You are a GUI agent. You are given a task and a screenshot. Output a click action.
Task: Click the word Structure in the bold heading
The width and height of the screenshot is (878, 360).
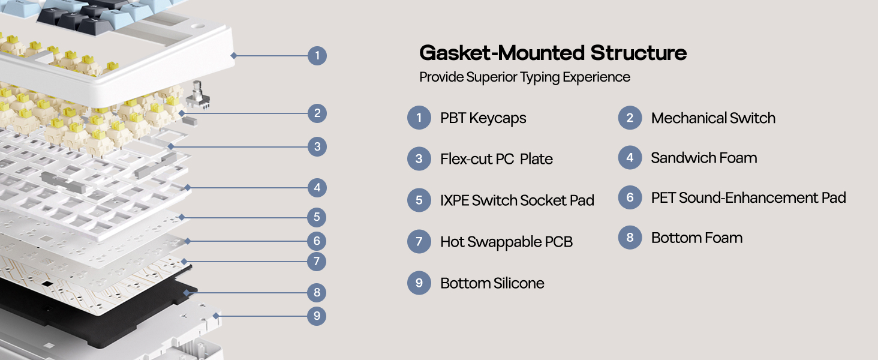point(639,53)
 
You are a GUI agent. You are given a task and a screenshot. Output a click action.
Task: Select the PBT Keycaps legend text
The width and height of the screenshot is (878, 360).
point(483,118)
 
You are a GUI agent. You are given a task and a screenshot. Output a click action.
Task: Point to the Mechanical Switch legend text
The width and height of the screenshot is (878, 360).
point(713,118)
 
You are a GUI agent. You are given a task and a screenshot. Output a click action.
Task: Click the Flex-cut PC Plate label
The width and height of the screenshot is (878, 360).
point(496,159)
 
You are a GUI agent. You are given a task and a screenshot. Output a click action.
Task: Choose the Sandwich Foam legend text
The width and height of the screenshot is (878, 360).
point(703,158)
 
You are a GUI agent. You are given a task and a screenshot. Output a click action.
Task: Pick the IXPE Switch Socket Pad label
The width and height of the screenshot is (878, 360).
point(517,200)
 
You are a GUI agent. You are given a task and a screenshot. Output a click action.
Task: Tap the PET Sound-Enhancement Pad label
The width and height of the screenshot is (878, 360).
point(748,198)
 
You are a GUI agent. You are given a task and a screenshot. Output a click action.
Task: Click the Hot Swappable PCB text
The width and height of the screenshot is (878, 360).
point(506,242)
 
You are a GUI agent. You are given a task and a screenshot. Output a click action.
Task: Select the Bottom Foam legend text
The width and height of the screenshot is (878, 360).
point(696,238)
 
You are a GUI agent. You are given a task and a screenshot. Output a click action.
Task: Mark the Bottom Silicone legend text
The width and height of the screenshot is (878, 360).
point(492,283)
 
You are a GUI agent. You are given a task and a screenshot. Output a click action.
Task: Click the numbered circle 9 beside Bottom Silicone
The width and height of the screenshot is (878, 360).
point(419,283)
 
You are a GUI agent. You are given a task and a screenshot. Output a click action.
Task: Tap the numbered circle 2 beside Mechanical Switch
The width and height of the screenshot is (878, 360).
point(630,118)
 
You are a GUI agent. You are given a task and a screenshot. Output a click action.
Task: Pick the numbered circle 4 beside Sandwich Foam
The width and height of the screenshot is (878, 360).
point(630,158)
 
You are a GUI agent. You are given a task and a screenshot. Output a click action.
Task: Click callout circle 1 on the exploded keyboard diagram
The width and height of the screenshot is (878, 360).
point(317,56)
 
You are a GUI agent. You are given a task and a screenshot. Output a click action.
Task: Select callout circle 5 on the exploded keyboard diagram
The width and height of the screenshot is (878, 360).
point(317,217)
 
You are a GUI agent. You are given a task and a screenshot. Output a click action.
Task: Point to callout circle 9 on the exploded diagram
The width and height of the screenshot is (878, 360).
point(317,316)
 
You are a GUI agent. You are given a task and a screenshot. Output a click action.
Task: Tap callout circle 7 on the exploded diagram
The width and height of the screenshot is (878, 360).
point(317,262)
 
